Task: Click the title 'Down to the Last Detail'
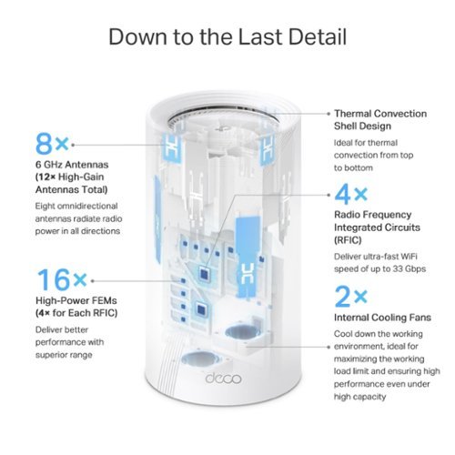point(227,37)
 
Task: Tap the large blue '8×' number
point(52,144)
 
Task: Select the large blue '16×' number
point(61,279)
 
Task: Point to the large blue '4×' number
point(351,194)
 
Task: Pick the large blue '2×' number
point(351,296)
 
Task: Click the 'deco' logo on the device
point(224,378)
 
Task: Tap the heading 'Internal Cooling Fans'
point(382,318)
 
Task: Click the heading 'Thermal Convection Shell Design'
point(380,119)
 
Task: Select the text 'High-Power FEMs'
point(76,300)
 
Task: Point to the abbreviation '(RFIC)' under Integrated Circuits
point(348,240)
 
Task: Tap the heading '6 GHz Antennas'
point(72,165)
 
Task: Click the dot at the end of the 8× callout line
point(73,145)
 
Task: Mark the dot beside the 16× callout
point(93,281)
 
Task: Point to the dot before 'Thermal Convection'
point(329,114)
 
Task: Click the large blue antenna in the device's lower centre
point(248,257)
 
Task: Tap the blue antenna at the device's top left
point(172,149)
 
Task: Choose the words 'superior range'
point(64,355)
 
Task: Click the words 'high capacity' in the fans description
point(359,397)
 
